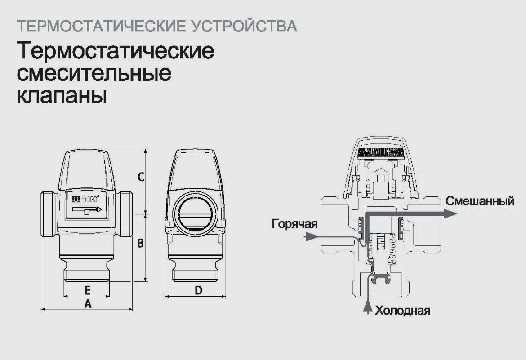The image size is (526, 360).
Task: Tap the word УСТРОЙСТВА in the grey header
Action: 245,26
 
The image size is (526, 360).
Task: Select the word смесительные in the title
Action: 94,73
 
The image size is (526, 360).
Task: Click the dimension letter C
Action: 141,177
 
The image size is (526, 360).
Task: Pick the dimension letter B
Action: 140,243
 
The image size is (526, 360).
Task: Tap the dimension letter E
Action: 88,290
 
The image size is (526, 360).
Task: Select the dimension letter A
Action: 88,304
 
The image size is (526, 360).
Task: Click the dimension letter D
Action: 198,290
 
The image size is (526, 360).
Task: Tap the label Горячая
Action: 294,224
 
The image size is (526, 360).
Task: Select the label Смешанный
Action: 480,201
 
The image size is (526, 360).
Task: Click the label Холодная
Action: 402,311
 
